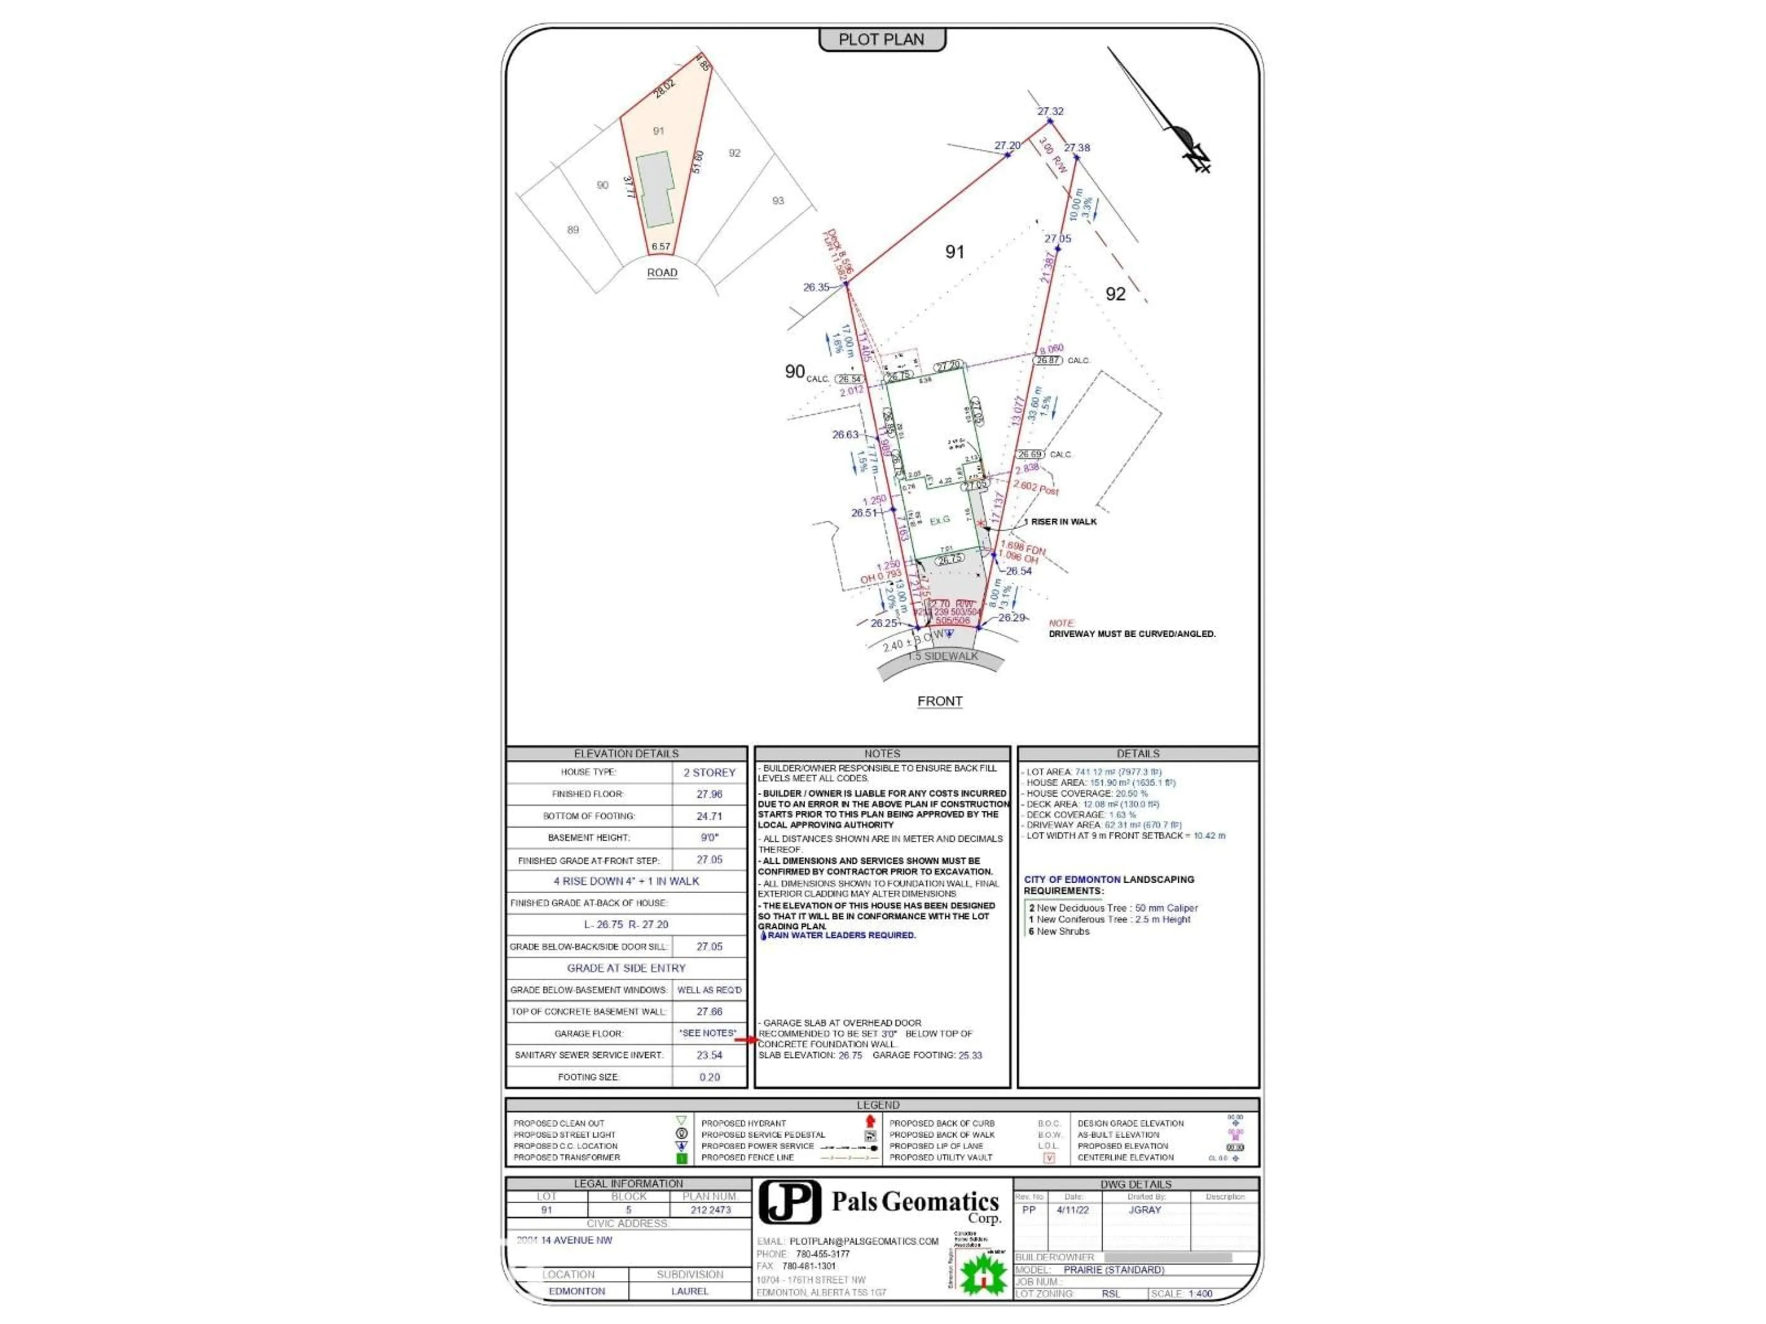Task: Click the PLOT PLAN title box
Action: (x=882, y=39)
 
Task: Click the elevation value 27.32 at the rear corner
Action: (x=1050, y=111)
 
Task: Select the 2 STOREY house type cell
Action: (x=709, y=772)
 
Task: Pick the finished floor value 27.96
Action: (x=709, y=794)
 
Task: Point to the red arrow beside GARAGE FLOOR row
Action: (x=745, y=1039)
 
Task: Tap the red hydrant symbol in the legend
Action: (x=870, y=1121)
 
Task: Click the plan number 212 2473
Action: (x=711, y=1210)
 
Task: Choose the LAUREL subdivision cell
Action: (x=690, y=1290)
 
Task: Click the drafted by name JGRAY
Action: (x=1144, y=1210)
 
